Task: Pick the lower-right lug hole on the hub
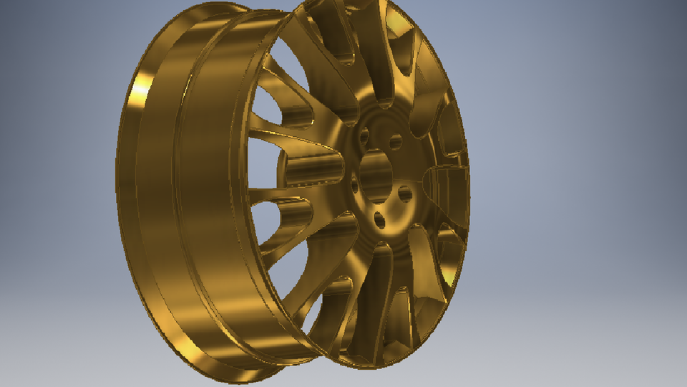pyautogui.click(x=405, y=193)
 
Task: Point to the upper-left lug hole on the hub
pyautogui.click(x=364, y=135)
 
